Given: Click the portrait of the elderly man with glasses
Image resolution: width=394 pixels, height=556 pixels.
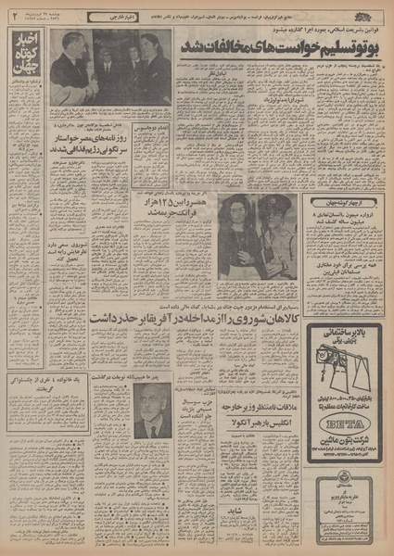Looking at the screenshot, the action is pos(149,411).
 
